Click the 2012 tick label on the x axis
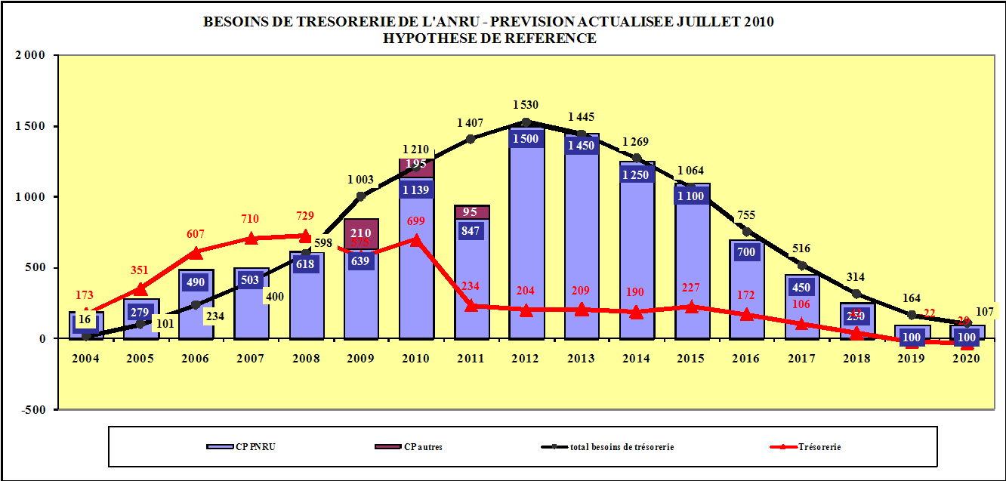click(x=526, y=358)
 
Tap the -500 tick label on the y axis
click(x=31, y=409)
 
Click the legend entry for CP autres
click(x=409, y=447)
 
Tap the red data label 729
click(x=304, y=217)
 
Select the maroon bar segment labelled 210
click(x=361, y=233)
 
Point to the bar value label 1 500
click(x=526, y=138)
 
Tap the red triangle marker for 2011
click(x=471, y=305)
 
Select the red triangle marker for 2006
click(x=196, y=253)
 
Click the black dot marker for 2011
click(x=471, y=139)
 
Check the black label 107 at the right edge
click(x=986, y=310)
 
